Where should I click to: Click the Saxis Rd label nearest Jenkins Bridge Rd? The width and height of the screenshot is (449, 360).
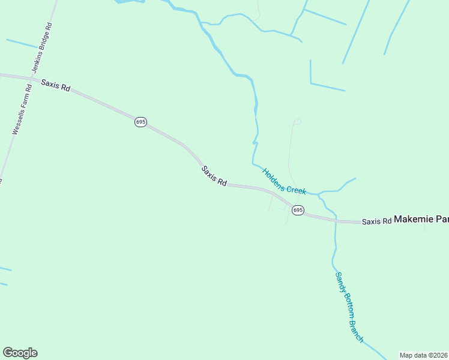(x=56, y=85)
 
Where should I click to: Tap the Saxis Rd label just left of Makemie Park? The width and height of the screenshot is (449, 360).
(x=376, y=221)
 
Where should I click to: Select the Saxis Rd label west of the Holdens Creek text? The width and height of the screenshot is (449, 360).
(x=214, y=176)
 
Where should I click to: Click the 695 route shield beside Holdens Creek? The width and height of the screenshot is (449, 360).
(x=298, y=211)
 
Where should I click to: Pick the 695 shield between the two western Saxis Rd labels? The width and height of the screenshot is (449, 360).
(x=140, y=122)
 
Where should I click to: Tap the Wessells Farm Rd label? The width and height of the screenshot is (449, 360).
(x=22, y=109)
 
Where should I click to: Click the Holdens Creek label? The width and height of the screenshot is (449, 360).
(x=284, y=181)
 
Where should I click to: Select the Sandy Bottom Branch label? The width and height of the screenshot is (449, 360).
(x=349, y=307)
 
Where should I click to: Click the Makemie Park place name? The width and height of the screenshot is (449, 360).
(x=421, y=220)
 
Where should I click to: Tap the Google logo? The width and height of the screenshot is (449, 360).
(x=20, y=353)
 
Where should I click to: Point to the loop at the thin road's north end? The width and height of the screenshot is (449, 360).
(x=297, y=122)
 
